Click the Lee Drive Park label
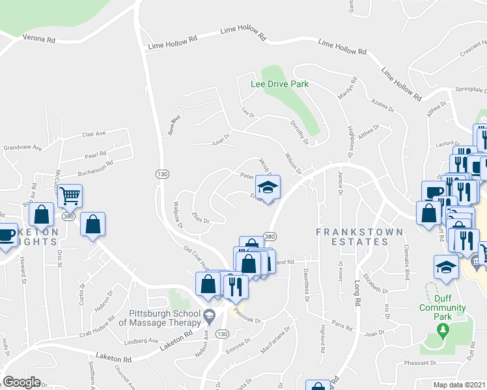280,84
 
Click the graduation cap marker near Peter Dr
267,187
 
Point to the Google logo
21,382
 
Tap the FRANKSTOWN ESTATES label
352,237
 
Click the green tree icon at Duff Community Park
443,331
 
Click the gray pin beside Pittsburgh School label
208,317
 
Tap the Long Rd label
357,293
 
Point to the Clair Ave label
94,134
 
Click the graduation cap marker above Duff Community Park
446,267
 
